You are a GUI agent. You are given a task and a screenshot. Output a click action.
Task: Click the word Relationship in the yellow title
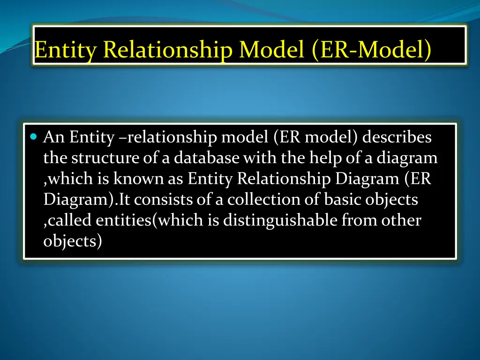(169, 50)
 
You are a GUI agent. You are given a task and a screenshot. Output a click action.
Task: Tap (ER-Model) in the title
(370, 50)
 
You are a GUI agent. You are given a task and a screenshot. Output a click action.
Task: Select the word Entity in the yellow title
(67, 50)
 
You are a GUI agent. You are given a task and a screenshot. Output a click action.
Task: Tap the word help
(325, 158)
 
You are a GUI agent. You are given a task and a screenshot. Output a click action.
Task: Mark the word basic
(343, 200)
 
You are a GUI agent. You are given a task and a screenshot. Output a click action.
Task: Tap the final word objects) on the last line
(73, 241)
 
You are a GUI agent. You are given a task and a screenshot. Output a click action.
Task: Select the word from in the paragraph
(360, 220)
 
